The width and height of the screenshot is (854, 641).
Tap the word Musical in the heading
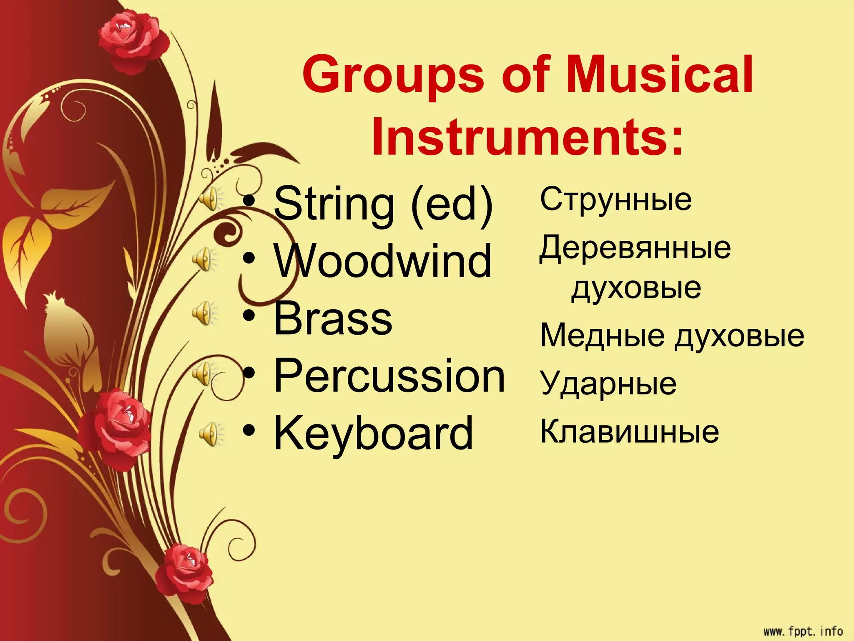[660, 75]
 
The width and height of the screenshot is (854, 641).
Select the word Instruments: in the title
[528, 137]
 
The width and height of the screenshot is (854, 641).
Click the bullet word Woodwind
[383, 261]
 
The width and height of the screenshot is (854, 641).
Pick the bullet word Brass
[333, 319]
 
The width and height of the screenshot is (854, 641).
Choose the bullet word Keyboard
[373, 434]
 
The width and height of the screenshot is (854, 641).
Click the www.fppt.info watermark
[803, 631]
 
